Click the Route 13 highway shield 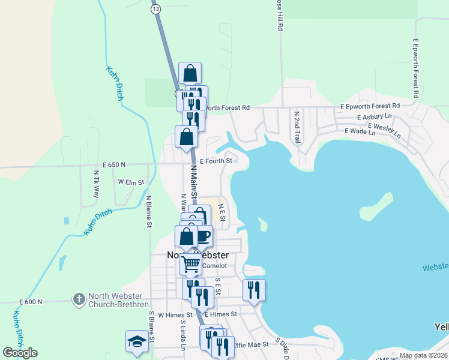(x=156, y=9)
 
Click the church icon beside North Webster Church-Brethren (x=79, y=299)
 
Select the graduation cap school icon (x=137, y=342)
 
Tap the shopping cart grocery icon (x=190, y=264)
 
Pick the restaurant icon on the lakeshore (x=254, y=290)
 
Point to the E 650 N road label (x=114, y=164)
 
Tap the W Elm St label (x=131, y=181)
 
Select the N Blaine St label (x=149, y=211)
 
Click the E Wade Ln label (x=360, y=131)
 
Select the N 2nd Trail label (x=297, y=126)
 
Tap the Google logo (x=20, y=353)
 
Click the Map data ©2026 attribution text (x=423, y=355)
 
